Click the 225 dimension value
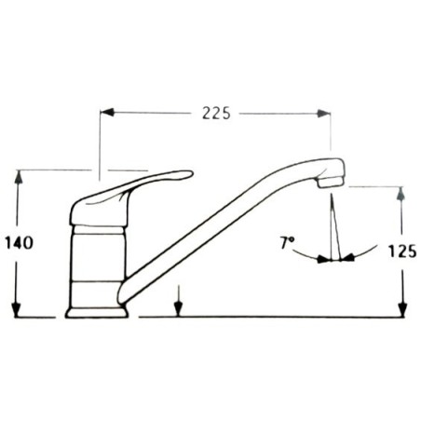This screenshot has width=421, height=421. click(215, 113)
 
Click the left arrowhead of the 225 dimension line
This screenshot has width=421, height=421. click(106, 113)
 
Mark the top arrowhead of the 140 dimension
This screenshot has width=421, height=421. click(17, 176)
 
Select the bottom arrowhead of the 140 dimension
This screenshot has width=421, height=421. click(17, 311)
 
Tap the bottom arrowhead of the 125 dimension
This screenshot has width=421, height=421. click(401, 311)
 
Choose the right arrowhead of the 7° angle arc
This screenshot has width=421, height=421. click(347, 258)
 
